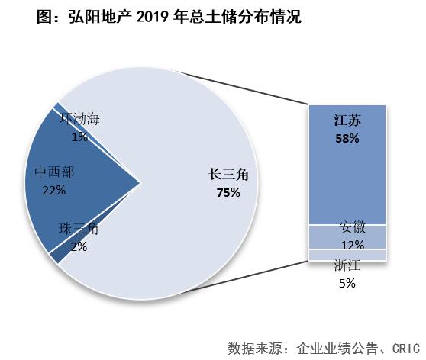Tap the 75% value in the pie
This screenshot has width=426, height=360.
tap(228, 193)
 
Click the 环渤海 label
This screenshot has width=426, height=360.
tap(80, 119)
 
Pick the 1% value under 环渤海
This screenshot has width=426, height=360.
tap(79, 137)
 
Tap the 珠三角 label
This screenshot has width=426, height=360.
tap(79, 229)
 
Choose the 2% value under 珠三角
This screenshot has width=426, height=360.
tap(79, 246)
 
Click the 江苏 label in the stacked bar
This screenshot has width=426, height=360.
tap(347, 121)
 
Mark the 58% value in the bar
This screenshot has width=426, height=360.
tap(347, 139)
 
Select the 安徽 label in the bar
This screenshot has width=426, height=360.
tap(353, 227)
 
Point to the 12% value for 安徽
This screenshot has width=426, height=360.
tap(353, 244)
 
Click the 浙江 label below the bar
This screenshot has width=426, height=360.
tap(347, 265)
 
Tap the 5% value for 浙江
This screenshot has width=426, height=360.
tap(347, 283)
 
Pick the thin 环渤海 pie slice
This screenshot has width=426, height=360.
tap(56, 107)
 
